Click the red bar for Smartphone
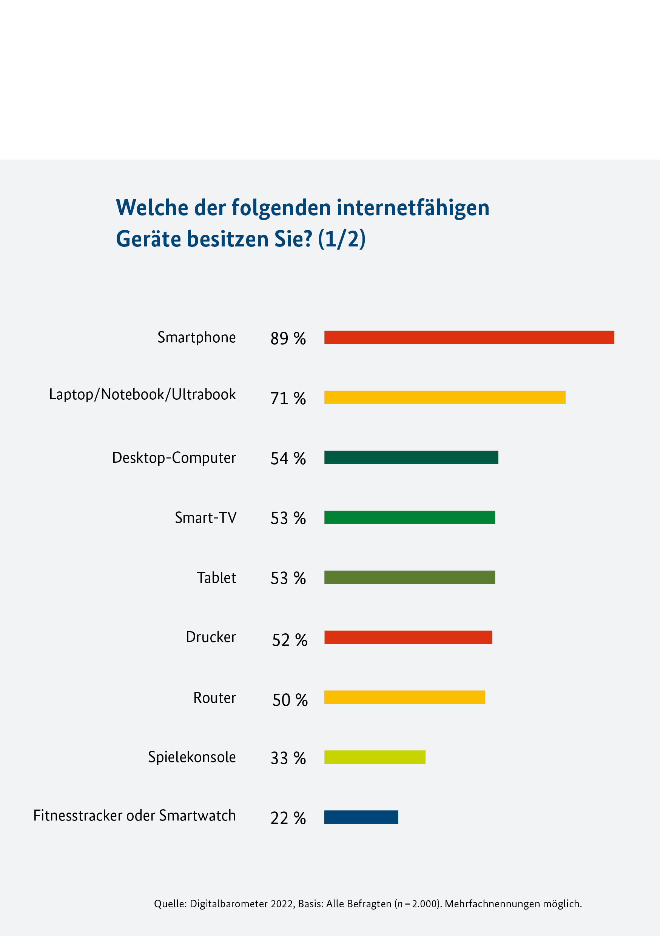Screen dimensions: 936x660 point(469,337)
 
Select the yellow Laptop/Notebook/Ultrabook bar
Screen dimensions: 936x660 point(445,397)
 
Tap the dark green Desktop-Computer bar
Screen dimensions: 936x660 point(411,457)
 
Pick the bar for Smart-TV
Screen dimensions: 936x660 point(410,517)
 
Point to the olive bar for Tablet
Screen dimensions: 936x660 point(410,577)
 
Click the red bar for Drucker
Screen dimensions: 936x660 point(408,637)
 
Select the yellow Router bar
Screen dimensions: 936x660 point(405,697)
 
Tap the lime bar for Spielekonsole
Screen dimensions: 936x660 point(375,757)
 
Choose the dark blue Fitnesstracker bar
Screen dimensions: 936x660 point(361,817)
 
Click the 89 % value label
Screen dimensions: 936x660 point(288,339)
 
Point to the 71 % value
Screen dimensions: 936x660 point(288,398)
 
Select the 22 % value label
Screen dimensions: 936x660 point(288,818)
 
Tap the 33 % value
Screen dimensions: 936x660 point(288,758)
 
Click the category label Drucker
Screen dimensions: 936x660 point(211,637)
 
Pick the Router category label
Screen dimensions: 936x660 point(214,697)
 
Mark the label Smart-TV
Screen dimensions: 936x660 point(205,517)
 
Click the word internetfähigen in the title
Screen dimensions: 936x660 point(413,208)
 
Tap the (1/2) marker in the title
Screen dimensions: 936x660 point(342,239)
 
